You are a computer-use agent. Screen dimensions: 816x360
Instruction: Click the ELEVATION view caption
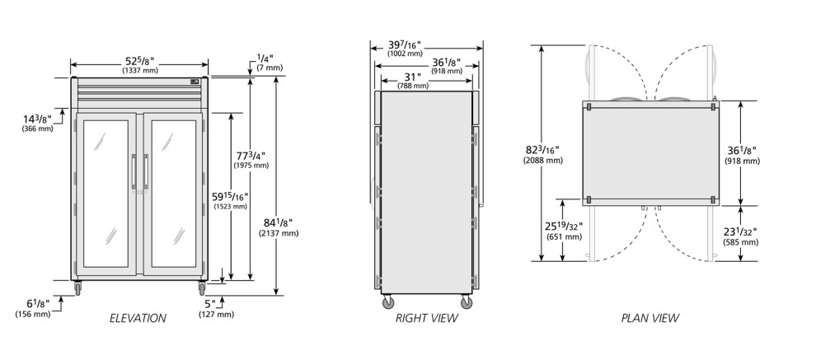pyautogui.click(x=138, y=318)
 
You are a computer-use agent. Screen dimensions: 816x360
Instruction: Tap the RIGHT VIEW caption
pyautogui.click(x=427, y=318)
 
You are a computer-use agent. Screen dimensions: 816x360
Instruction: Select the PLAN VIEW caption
pyautogui.click(x=650, y=318)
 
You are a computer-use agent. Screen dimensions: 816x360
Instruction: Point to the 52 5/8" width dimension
pyautogui.click(x=140, y=64)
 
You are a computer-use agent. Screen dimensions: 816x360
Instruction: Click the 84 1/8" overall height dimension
pyautogui.click(x=279, y=227)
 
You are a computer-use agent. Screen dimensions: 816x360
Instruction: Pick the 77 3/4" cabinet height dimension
pyautogui.click(x=251, y=160)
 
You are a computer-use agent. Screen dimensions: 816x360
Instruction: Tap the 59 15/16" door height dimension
pyautogui.click(x=231, y=201)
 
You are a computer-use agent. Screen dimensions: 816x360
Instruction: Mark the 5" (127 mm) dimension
pyautogui.click(x=216, y=308)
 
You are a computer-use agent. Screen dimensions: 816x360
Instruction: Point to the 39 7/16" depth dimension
pyautogui.click(x=405, y=48)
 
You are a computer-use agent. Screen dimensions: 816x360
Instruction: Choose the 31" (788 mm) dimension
pyautogui.click(x=413, y=81)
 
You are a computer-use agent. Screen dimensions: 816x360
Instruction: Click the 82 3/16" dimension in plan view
pyautogui.click(x=543, y=155)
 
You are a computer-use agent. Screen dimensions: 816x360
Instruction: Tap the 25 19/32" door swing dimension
pyautogui.click(x=564, y=231)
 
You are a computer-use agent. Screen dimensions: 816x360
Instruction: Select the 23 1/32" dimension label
pyautogui.click(x=740, y=236)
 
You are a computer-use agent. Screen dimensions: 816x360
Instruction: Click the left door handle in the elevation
pyautogui.click(x=134, y=171)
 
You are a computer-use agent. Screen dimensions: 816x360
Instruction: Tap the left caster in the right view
pyautogui.click(x=388, y=302)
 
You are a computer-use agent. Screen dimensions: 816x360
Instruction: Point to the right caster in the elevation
pyautogui.click(x=202, y=288)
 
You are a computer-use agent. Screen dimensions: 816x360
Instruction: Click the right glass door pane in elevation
pyautogui.click(x=173, y=194)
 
